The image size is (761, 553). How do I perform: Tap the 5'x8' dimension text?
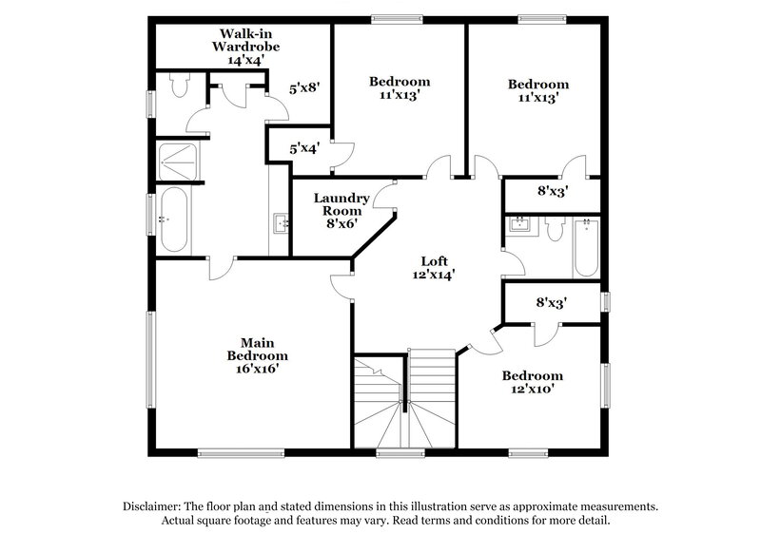[304, 87]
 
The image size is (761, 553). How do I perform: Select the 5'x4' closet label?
[303, 148]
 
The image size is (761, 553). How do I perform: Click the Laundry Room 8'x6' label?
[341, 210]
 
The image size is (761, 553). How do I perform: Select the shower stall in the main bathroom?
[178, 162]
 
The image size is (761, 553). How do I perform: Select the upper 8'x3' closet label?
[552, 191]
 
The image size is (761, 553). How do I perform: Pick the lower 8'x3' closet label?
[552, 303]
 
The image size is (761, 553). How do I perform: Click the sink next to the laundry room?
[280, 223]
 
